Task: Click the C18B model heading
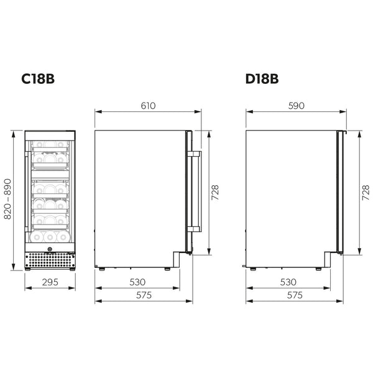[x=38, y=79]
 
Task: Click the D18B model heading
[x=262, y=79]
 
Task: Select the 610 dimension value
[x=148, y=106]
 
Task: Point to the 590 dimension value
[x=296, y=106]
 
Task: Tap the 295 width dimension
[x=50, y=282]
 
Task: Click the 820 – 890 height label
[x=7, y=199]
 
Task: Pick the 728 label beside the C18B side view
[x=215, y=193]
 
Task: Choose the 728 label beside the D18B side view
[x=366, y=193]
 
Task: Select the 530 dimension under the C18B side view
[x=137, y=282]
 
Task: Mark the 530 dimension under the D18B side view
[x=288, y=282]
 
